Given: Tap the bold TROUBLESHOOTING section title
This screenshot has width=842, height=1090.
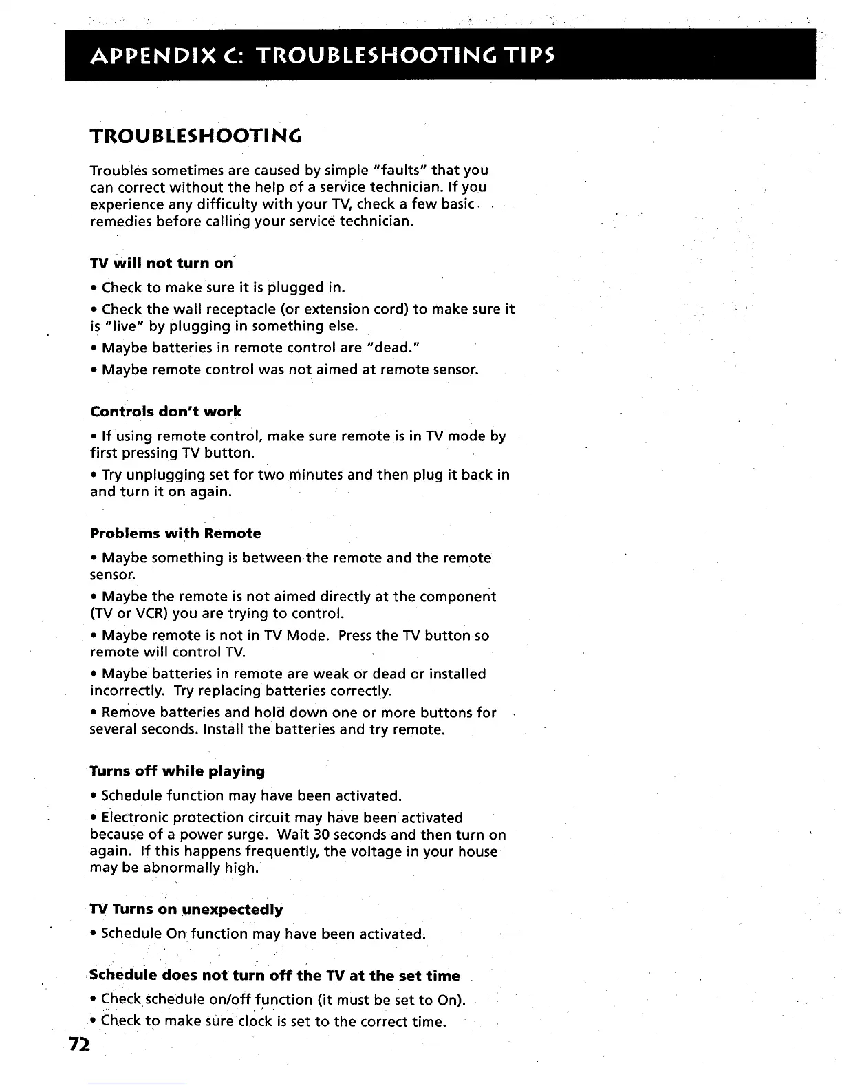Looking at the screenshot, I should click(x=196, y=136).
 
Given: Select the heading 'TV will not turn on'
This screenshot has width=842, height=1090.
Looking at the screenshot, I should click(x=162, y=264).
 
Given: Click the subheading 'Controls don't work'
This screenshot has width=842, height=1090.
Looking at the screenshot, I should click(x=166, y=412).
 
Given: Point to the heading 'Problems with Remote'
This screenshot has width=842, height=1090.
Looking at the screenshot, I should click(x=175, y=533).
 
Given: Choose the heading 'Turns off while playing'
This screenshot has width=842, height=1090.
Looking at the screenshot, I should click(x=177, y=771).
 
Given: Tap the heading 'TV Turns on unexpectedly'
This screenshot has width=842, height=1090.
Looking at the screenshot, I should click(x=186, y=909).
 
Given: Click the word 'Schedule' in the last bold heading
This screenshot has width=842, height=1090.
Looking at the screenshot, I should click(x=121, y=975).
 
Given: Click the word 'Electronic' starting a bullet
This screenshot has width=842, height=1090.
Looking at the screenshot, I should click(x=135, y=817).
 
